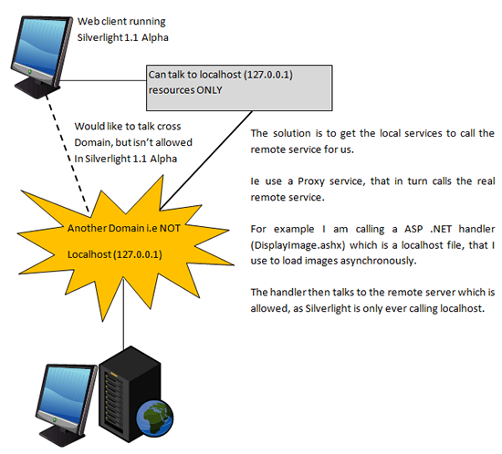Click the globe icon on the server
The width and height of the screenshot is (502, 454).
155,418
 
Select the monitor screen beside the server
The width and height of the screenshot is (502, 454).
67,393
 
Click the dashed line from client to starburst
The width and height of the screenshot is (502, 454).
68,153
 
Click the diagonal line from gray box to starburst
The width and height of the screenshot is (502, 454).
206,160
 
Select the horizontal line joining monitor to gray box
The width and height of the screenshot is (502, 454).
102,80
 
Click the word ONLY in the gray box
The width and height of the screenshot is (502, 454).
209,90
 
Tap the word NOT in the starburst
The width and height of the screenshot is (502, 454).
170,228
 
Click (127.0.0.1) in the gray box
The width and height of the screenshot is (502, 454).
268,75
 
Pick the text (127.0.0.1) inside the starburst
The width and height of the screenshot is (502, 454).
138,254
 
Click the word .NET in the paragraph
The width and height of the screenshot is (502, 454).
441,229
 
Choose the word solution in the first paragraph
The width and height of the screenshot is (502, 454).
292,133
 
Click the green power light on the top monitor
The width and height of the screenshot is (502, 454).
30,72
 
